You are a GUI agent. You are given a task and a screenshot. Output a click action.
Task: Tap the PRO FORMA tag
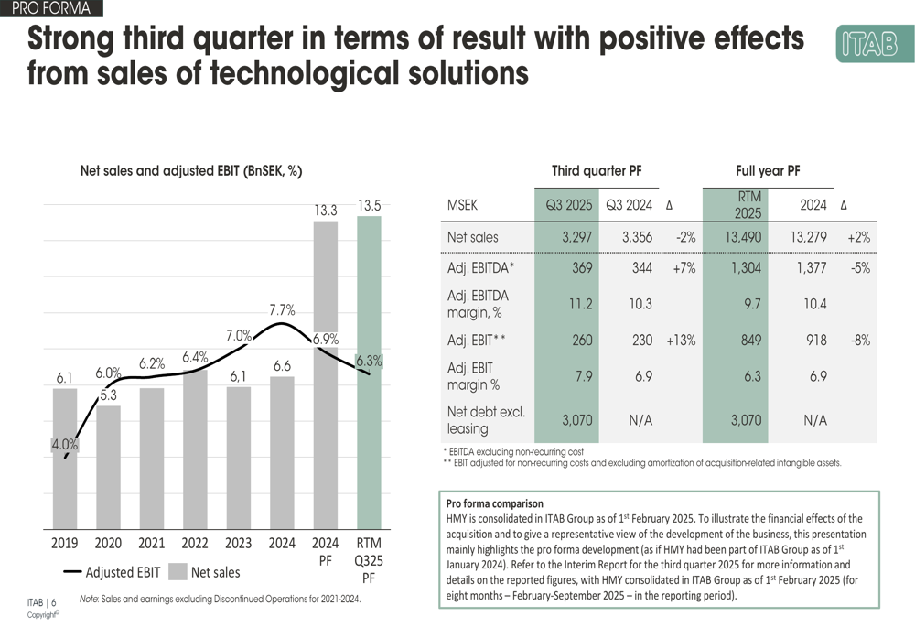tap(50, 9)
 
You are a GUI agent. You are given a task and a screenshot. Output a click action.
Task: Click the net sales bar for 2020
tap(108, 467)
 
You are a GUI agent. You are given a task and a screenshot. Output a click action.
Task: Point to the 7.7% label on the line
tap(282, 310)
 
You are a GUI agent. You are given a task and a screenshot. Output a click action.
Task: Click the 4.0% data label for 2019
tap(64, 445)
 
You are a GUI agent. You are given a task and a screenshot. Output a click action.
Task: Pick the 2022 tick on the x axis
tap(195, 544)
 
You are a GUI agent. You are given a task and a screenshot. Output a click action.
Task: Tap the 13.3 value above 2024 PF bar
tap(326, 210)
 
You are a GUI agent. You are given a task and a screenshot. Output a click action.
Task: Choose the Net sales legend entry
tap(205, 573)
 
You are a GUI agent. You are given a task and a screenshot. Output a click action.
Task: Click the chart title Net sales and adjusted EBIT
tap(191, 170)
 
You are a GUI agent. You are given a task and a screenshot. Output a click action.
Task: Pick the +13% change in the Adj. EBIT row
tap(681, 340)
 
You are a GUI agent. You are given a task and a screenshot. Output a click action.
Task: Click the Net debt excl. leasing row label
tap(486, 420)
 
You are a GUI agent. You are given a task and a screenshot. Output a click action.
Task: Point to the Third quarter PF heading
tap(596, 170)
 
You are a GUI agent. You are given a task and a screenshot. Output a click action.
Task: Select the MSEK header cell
tap(463, 205)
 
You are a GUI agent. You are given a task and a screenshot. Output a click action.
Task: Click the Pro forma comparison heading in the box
tap(494, 503)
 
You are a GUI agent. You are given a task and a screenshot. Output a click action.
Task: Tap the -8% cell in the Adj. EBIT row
tap(859, 340)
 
